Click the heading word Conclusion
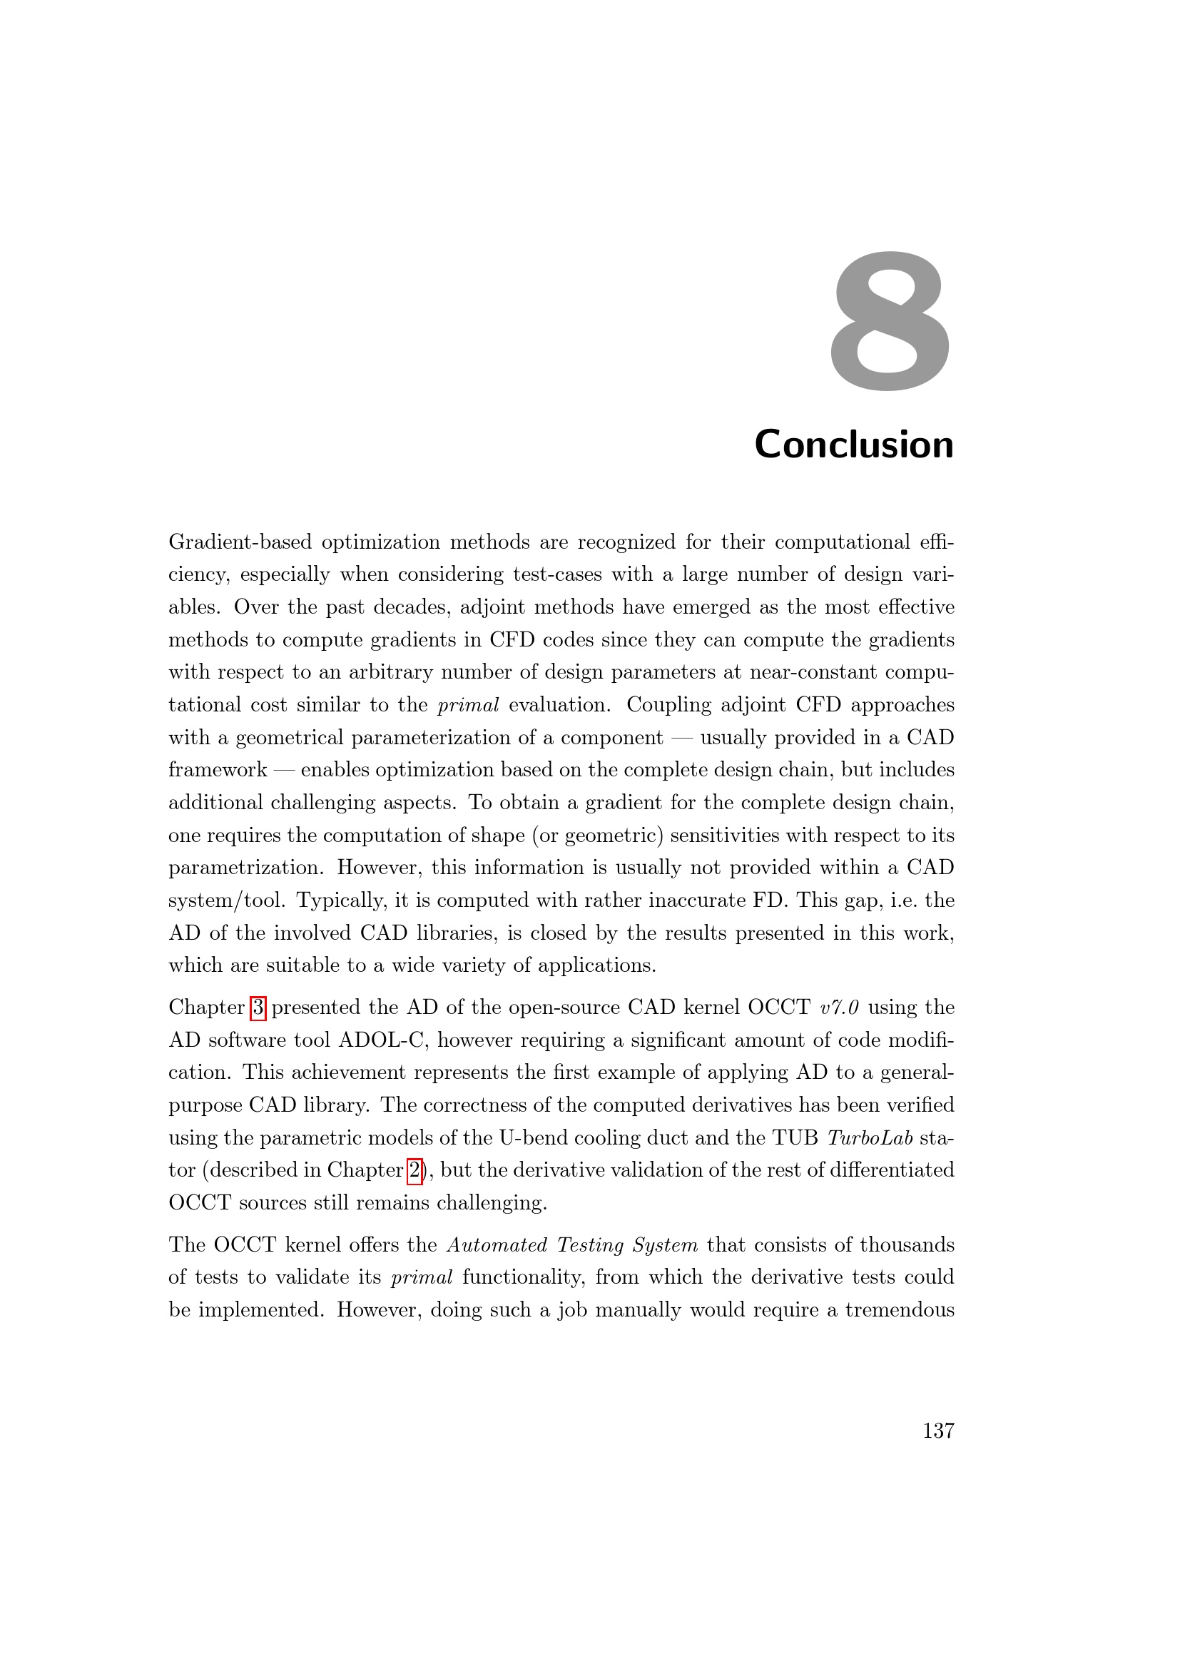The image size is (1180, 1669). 854,444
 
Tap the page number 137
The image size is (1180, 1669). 938,1431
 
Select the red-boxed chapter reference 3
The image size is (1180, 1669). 258,1008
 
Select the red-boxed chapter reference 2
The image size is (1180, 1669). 414,1170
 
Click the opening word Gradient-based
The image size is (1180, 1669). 240,542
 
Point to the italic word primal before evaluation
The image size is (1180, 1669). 468,705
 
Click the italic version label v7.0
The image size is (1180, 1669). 839,1008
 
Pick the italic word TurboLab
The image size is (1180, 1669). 870,1137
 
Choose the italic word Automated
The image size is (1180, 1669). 497,1244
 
